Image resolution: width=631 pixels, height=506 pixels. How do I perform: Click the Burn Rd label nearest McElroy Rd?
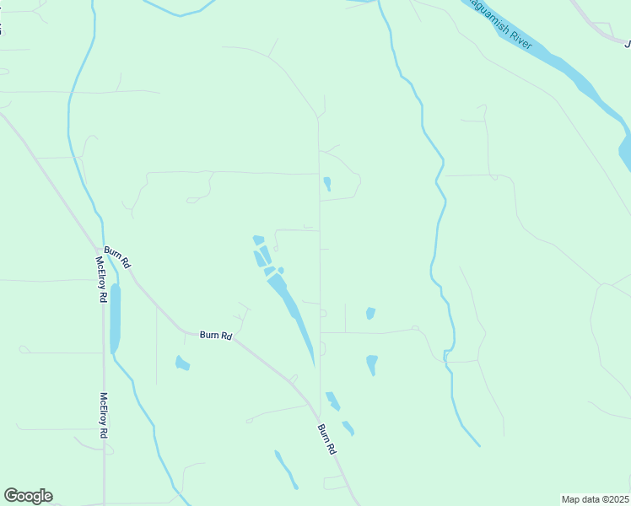(x=117, y=256)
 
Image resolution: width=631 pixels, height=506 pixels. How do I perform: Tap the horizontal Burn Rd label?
(x=216, y=335)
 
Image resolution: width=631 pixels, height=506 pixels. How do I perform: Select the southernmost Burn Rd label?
(x=327, y=439)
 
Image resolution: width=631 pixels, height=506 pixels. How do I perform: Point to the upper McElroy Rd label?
(x=100, y=279)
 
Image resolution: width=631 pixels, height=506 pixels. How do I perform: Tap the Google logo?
(x=28, y=496)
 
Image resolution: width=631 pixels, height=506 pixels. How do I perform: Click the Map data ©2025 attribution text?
(x=596, y=498)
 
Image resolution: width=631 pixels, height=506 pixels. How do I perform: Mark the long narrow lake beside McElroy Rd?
(x=115, y=318)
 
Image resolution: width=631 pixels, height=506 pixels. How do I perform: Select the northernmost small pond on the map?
(x=326, y=182)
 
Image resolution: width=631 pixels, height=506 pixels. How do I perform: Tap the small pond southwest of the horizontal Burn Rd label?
(x=181, y=363)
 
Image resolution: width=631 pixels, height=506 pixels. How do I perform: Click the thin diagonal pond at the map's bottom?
(x=286, y=468)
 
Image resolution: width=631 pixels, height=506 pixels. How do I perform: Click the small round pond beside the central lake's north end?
(x=281, y=270)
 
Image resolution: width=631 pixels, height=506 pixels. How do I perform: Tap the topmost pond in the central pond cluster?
(x=258, y=240)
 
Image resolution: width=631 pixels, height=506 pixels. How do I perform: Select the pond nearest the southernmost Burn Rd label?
(x=348, y=428)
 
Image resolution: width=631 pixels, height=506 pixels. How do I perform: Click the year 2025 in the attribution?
(x=618, y=498)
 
